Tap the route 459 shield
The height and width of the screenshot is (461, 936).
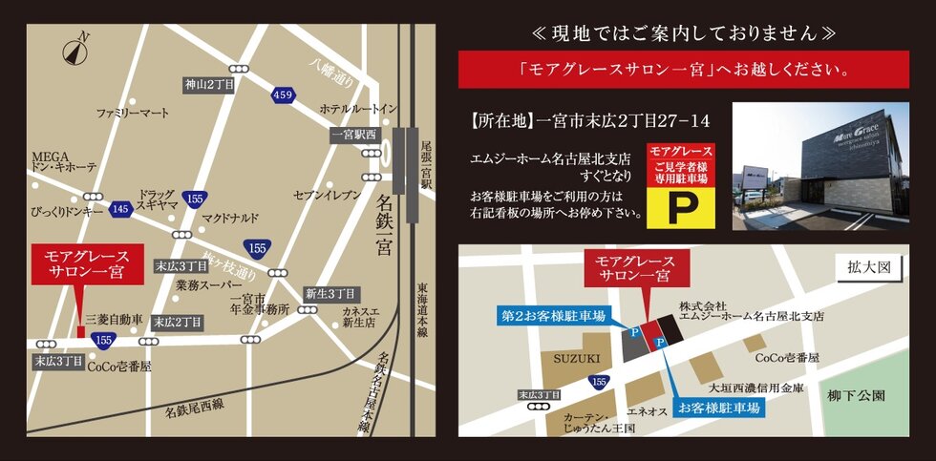pyautogui.click(x=282, y=94)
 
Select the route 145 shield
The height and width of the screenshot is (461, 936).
pyautogui.click(x=120, y=208)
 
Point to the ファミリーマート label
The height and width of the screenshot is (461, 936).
pyautogui.click(x=133, y=113)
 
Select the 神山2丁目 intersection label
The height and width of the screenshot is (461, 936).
pyautogui.click(x=209, y=85)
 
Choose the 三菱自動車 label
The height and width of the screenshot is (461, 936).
pyautogui.click(x=114, y=319)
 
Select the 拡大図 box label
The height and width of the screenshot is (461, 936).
pyautogui.click(x=868, y=266)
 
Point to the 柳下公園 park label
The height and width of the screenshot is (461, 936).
pyautogui.click(x=858, y=394)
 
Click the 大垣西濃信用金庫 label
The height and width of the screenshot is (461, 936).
pyautogui.click(x=755, y=388)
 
